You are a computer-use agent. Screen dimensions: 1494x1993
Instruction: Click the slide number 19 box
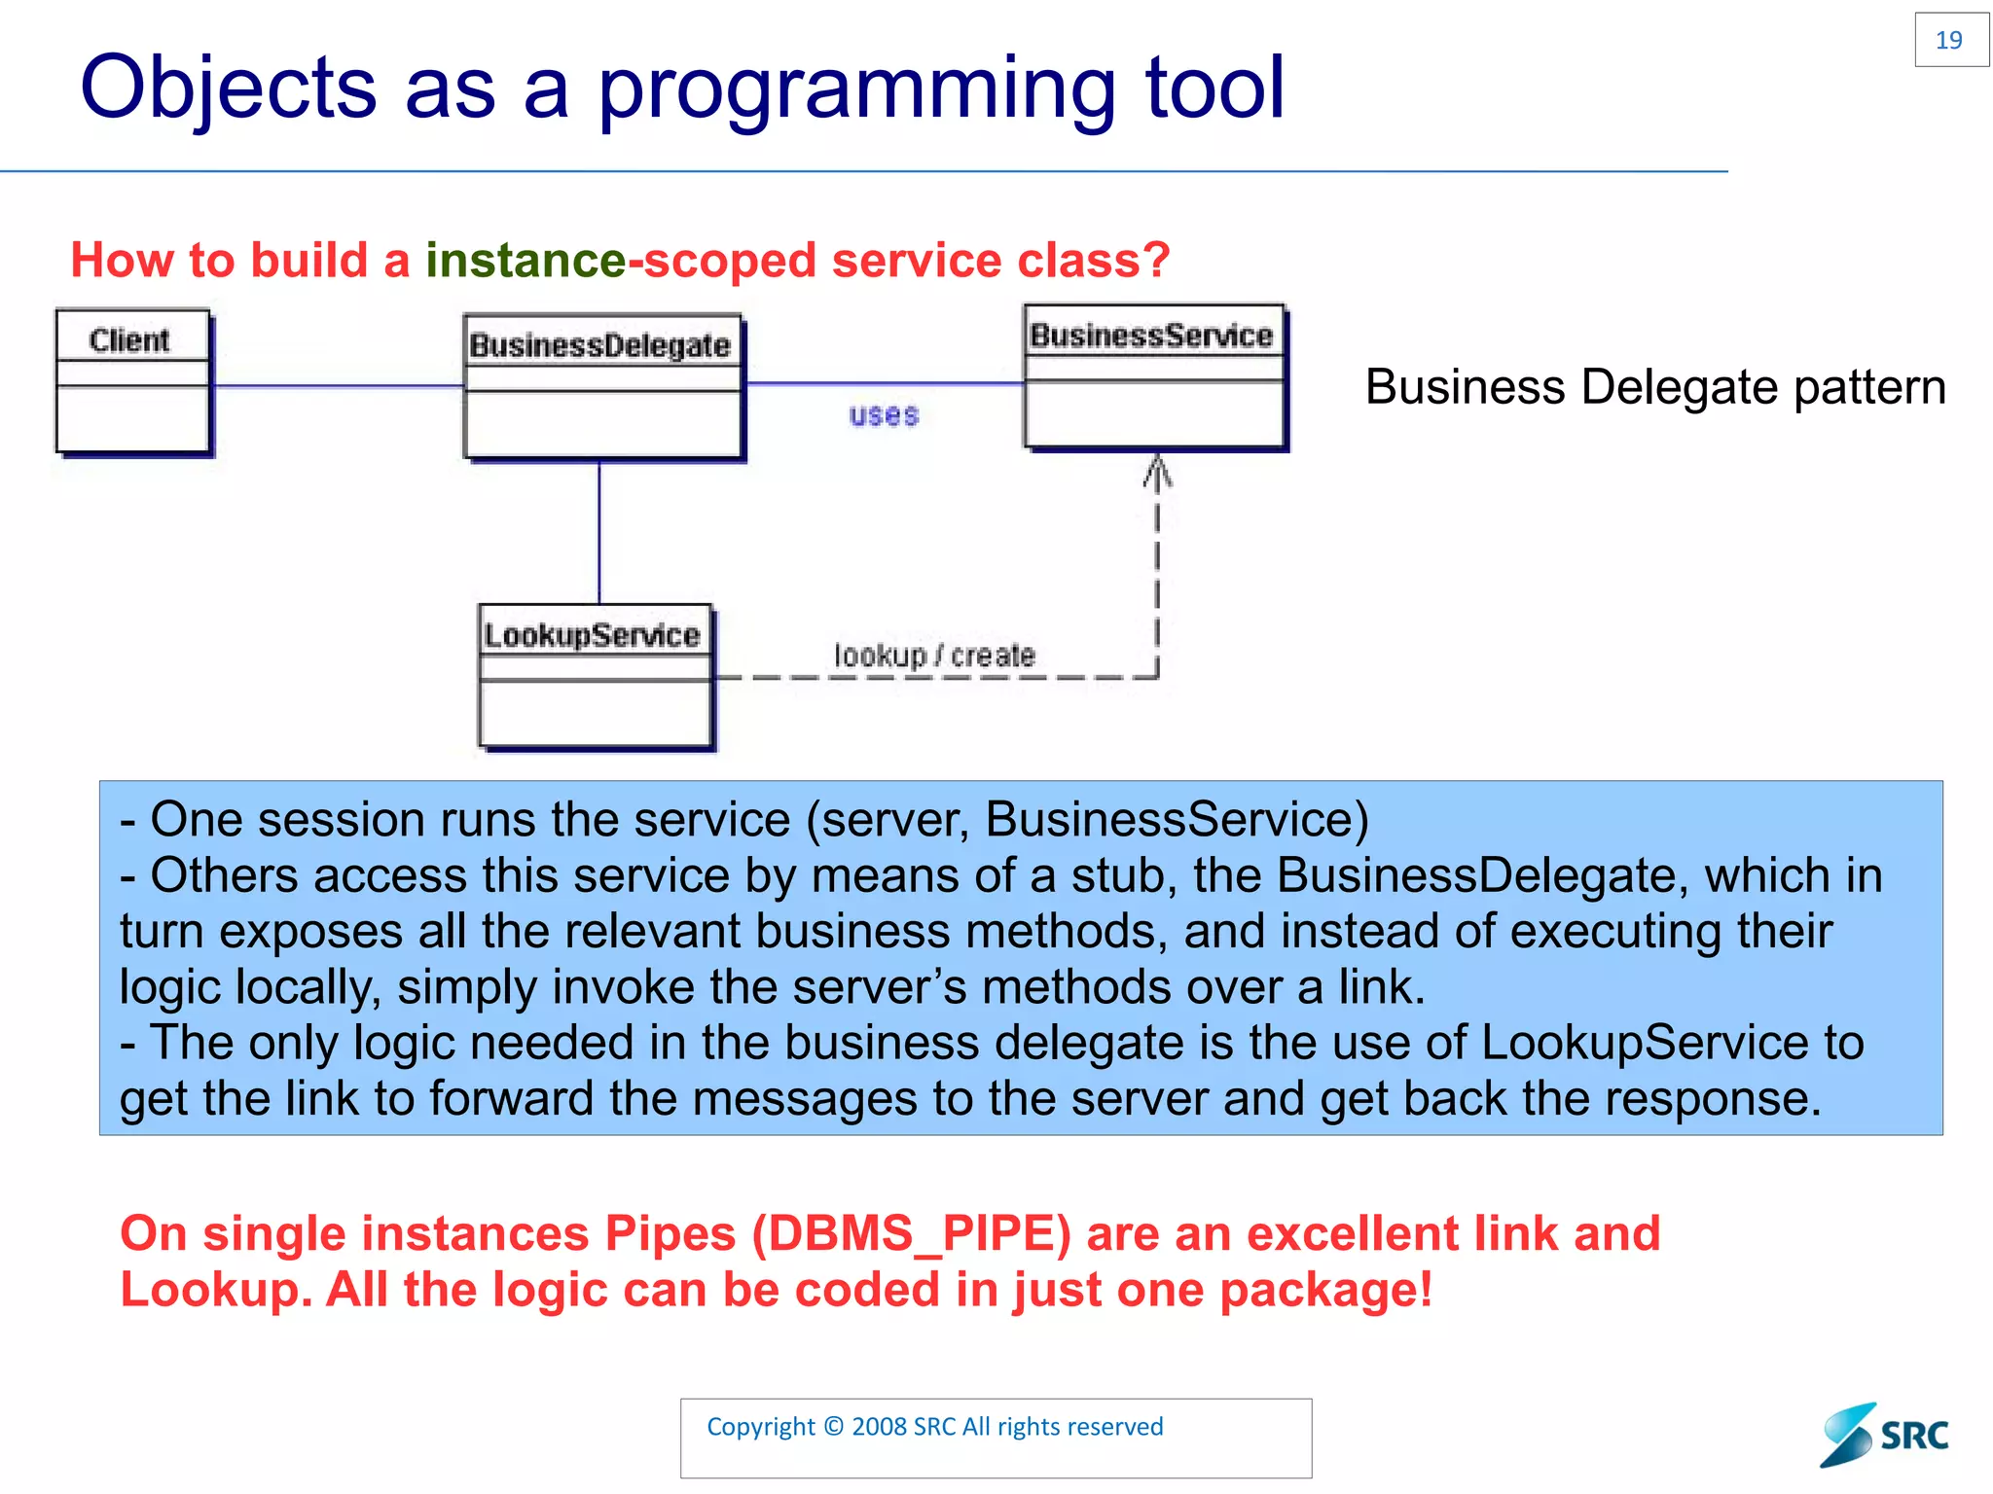click(1950, 40)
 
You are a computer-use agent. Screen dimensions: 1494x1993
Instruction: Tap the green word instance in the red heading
click(525, 261)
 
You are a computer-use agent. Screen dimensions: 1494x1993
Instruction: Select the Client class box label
click(129, 339)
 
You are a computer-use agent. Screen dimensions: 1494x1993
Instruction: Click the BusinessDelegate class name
click(599, 345)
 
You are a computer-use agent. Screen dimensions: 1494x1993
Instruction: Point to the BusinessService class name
click(1151, 336)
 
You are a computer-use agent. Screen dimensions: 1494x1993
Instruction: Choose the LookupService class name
click(592, 635)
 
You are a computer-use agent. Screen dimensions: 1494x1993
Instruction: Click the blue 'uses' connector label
click(884, 415)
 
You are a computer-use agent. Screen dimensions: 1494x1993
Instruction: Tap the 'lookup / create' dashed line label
click(934, 656)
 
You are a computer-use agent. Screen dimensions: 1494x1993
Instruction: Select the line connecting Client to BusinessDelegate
click(336, 386)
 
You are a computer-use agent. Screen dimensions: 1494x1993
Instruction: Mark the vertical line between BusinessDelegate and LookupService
click(599, 530)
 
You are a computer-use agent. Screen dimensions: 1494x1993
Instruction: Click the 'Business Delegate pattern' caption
click(1654, 387)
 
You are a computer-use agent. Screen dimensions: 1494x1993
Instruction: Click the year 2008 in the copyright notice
click(879, 1427)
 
